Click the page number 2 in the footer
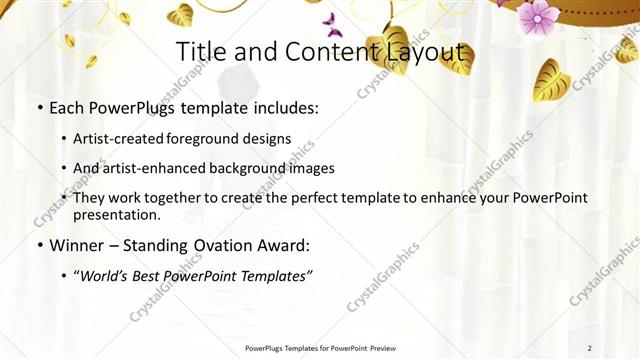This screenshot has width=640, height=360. pyautogui.click(x=589, y=348)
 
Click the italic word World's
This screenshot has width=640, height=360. pyautogui.click(x=105, y=276)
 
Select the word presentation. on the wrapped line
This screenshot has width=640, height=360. pyautogui.click(x=116, y=214)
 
